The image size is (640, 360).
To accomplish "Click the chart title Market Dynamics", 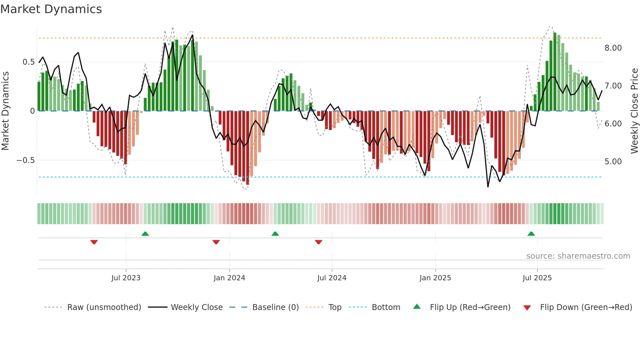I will [51, 9].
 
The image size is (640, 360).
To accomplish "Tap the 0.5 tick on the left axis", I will [28, 62].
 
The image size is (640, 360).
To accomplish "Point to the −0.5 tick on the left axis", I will [25, 160].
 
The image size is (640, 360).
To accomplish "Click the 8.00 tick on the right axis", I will [613, 48].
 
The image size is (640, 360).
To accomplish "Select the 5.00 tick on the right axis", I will [613, 162].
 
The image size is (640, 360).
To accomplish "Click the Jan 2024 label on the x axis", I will [229, 278].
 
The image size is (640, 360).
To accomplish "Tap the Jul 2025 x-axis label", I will [537, 278].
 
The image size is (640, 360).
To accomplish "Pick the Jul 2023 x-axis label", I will [126, 278].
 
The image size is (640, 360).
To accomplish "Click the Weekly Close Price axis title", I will [634, 111].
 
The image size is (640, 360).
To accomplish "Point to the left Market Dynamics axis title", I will [5, 111].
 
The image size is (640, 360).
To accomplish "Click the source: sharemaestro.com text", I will [578, 256].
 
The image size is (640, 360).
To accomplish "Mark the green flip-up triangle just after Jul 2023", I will [145, 234].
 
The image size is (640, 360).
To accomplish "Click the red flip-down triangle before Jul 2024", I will [318, 242].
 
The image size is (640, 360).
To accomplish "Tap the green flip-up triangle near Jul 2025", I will [531, 234].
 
